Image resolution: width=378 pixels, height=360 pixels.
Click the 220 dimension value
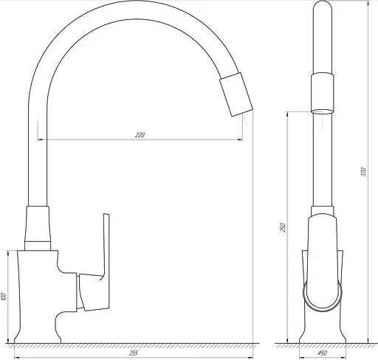click(x=140, y=135)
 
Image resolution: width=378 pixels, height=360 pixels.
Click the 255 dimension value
click(x=133, y=353)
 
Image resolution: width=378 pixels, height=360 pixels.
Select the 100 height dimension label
click(x=3, y=297)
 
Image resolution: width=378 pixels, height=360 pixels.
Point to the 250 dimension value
click(x=283, y=227)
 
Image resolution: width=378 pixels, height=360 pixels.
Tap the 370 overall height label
click(x=364, y=172)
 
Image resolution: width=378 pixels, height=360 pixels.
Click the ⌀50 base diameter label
click(x=323, y=353)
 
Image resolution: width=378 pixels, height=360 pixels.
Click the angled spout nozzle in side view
click(x=236, y=94)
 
